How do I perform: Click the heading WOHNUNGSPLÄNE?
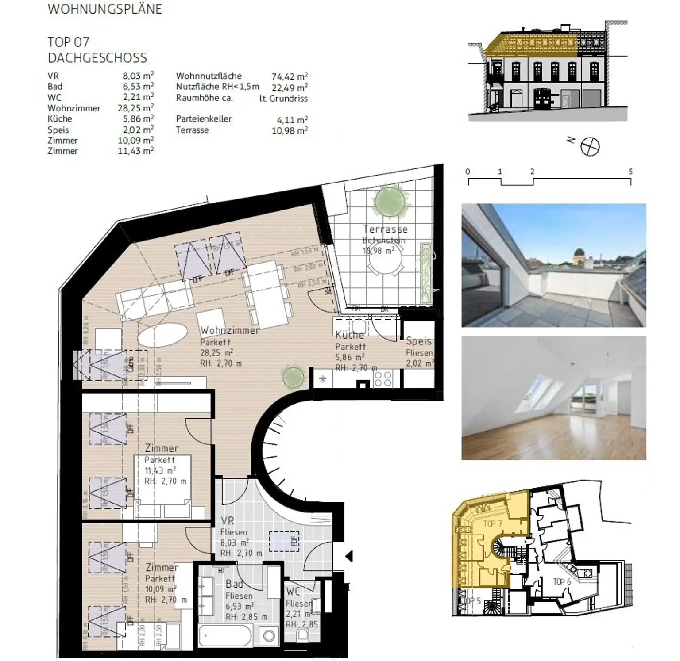(105, 9)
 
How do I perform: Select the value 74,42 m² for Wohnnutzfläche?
(290, 76)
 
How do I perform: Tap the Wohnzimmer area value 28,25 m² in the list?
(138, 108)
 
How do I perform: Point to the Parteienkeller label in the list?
(204, 119)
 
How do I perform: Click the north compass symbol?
(590, 146)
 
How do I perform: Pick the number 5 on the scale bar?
(630, 172)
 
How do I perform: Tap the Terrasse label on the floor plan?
(385, 229)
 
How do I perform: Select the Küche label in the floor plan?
(349, 335)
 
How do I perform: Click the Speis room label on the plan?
(419, 341)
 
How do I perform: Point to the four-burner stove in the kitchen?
(382, 379)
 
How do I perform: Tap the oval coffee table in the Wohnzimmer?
(162, 335)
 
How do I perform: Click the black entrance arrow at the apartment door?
(349, 556)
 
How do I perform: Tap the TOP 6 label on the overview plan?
(561, 582)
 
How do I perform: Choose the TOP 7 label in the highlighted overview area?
(492, 524)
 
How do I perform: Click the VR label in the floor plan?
(227, 521)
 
